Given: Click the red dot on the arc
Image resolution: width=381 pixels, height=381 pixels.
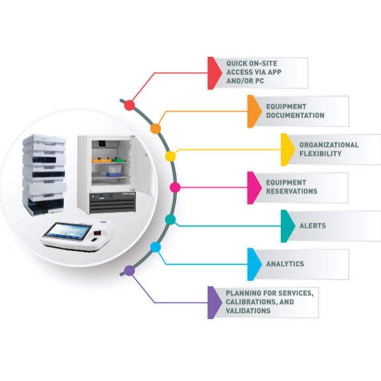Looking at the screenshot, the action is pos(130,105).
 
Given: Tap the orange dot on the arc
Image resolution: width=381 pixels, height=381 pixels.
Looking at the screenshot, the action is pos(156,128).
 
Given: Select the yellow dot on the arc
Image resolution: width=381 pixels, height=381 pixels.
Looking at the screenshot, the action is pos(170,156).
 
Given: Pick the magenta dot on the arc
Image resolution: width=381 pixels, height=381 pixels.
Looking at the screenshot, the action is pos(175,188).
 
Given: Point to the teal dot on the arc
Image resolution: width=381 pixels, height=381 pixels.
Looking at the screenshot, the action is pos(170,220).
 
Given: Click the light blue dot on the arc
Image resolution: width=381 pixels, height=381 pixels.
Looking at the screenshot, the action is pos(156,247).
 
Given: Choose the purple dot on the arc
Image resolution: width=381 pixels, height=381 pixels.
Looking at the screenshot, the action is pos(130,271).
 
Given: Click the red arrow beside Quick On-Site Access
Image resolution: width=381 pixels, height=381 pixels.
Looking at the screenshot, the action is pos(214,73).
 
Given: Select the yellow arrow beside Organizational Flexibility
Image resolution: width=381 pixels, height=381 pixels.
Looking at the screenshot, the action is pos(288,150).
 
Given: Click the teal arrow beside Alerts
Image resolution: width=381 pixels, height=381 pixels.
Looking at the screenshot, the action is pos(288,226).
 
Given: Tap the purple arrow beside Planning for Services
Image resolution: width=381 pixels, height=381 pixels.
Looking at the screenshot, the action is pos(214,303).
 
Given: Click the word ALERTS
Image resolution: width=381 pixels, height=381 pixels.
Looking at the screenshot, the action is pos(313,226).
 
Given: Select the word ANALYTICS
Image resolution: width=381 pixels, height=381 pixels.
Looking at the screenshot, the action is pos(285,264).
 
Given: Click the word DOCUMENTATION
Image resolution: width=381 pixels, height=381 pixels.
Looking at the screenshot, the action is pos(295,116).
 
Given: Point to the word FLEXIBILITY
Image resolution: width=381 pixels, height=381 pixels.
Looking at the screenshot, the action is pos(320,154).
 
